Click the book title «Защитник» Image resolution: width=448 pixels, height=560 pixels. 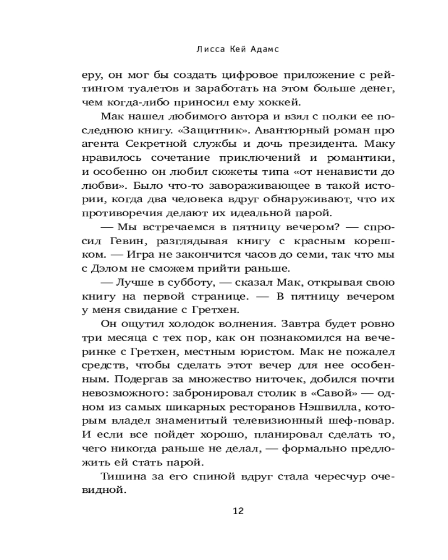tap(221, 131)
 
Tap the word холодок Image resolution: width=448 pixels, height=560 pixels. tap(164, 325)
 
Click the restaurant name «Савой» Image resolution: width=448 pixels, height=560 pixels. tap(333, 398)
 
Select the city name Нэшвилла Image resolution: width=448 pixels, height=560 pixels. tap(311, 412)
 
